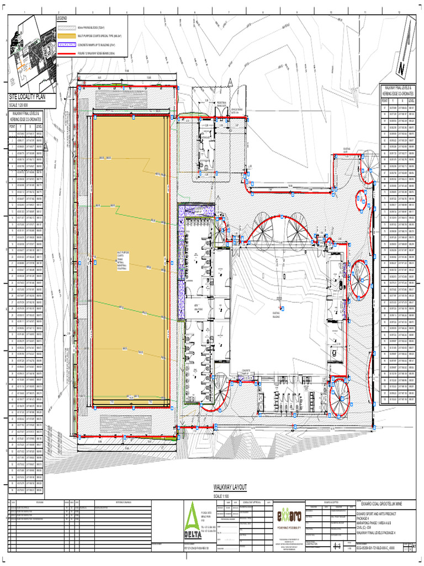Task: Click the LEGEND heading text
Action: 61,19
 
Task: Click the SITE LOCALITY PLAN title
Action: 31,97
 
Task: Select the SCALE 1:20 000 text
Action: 20,104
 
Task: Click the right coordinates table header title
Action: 397,91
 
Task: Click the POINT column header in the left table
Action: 12,126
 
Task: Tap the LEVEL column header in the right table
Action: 412,101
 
